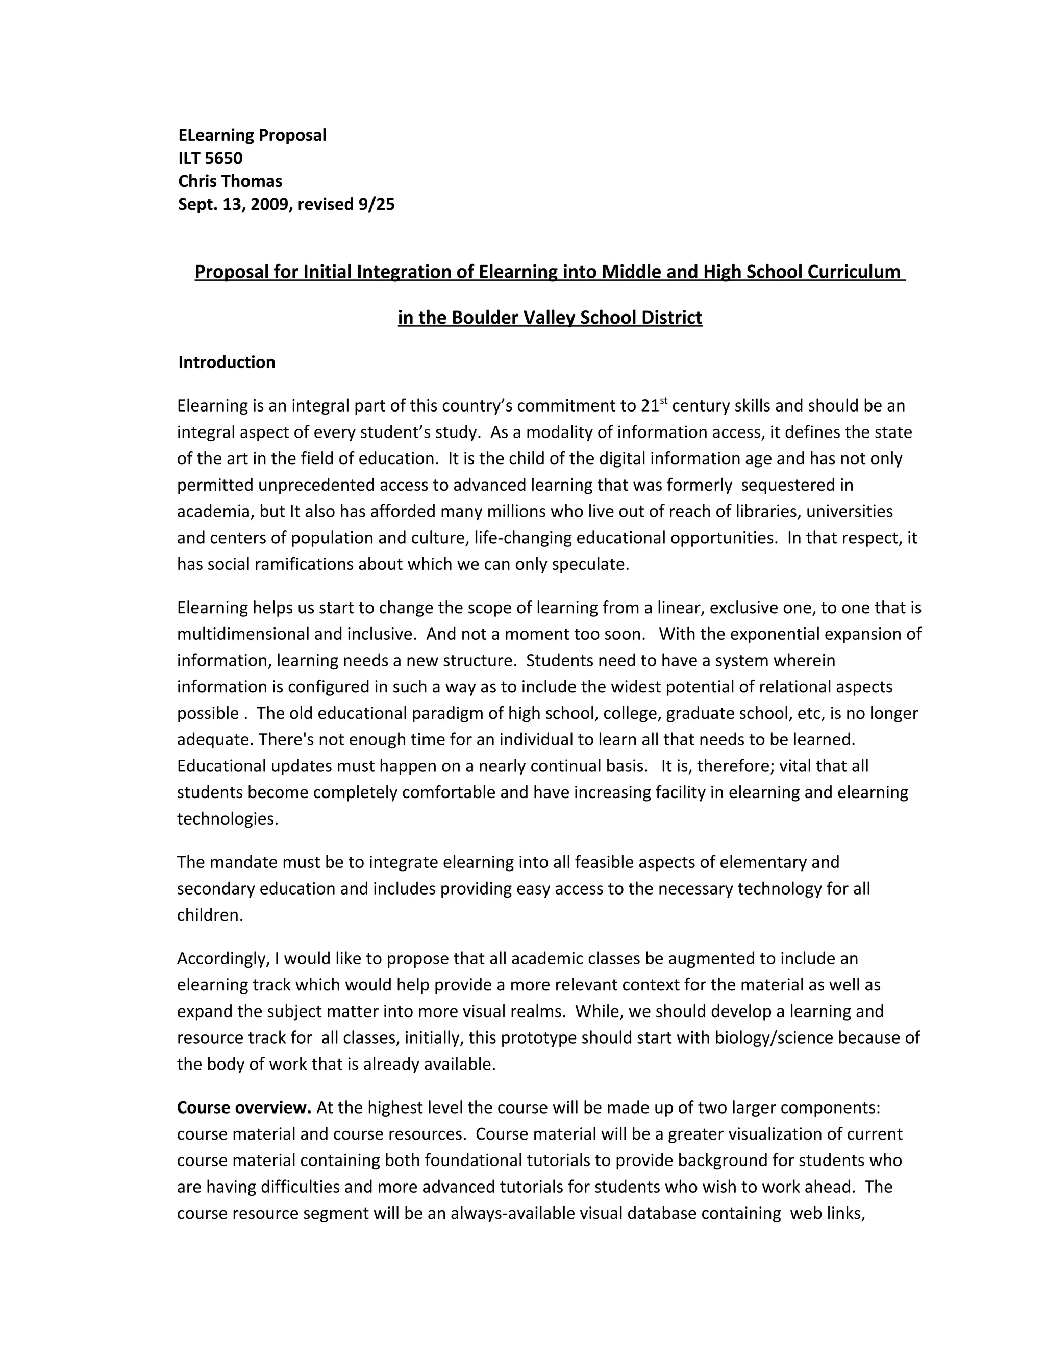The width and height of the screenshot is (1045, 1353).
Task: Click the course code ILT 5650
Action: click(211, 159)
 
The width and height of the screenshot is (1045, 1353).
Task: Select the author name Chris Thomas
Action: click(230, 182)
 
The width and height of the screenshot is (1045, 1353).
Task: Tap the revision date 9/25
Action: click(377, 204)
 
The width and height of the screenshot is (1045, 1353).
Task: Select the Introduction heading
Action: click(227, 363)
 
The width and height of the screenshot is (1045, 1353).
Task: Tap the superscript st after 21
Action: click(664, 401)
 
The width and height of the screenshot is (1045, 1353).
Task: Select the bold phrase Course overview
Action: click(244, 1108)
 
